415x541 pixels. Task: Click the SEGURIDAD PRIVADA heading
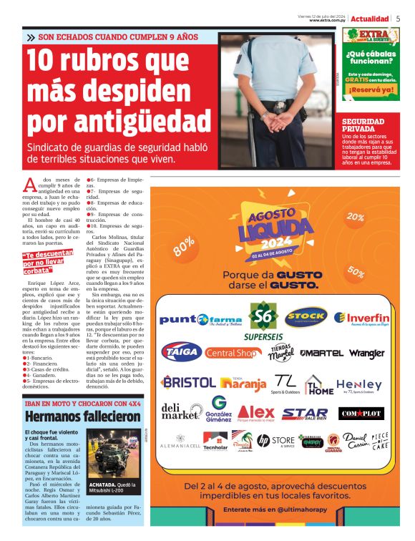point(363,126)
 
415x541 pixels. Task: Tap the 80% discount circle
point(183,245)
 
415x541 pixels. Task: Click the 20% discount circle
point(355,217)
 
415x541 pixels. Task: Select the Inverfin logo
point(362,318)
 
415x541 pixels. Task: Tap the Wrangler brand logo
point(367,354)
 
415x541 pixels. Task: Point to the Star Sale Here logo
point(304,414)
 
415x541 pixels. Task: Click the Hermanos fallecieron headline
point(73,416)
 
